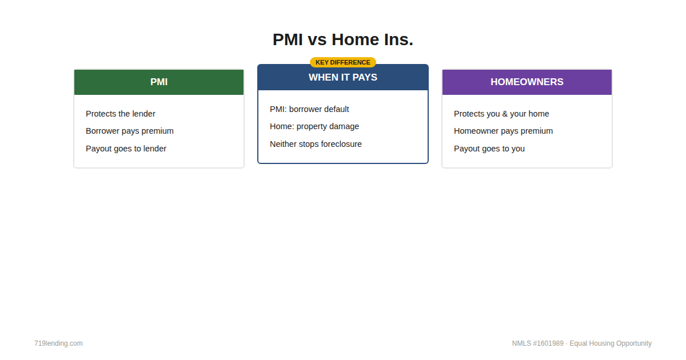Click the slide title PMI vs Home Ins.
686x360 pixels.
[x=343, y=40]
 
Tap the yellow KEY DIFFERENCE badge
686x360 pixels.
[x=343, y=62]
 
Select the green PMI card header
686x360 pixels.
[x=159, y=82]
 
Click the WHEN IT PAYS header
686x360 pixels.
[x=343, y=78]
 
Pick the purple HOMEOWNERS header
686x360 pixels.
[x=527, y=82]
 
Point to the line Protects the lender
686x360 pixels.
[x=121, y=114]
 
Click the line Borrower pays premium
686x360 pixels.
[x=130, y=131]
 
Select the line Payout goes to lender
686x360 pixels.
[x=126, y=149]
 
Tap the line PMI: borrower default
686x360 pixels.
[x=309, y=109]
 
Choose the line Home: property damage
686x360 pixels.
[x=314, y=126]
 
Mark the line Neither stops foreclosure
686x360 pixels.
[x=316, y=144]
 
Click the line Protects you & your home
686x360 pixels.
[x=501, y=114]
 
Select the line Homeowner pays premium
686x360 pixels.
[x=503, y=131]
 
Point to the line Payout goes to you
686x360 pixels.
[x=489, y=149]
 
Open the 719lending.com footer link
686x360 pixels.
[x=58, y=343]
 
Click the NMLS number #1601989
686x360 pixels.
[x=548, y=343]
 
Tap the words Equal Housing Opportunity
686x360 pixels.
[x=611, y=343]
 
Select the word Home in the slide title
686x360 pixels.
[x=355, y=40]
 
